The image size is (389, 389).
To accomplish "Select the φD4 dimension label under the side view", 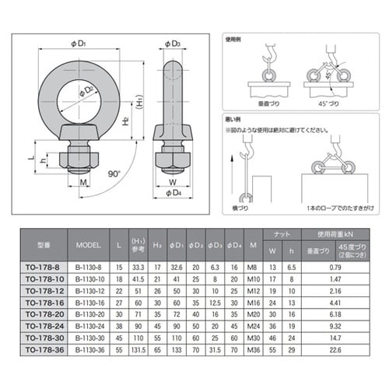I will click(175, 191).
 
